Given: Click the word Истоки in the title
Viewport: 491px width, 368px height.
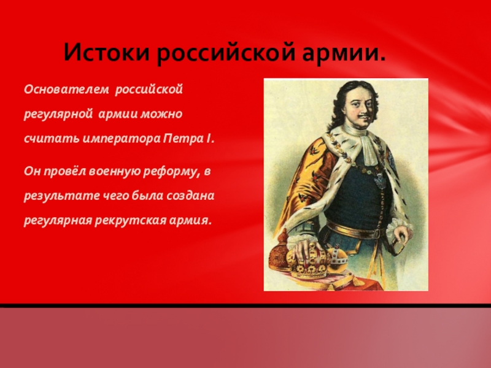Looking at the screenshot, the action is (107, 52).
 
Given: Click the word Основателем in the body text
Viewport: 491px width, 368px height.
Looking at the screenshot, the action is (66, 90).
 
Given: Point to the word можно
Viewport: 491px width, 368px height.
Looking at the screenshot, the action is (161, 114).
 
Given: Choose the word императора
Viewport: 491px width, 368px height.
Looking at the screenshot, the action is (121, 139).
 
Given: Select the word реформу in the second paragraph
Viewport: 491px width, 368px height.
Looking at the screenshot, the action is (171, 172).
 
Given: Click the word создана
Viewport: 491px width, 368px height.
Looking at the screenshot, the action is (190, 196).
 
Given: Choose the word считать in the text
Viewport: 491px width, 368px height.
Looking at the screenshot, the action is (52, 139).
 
